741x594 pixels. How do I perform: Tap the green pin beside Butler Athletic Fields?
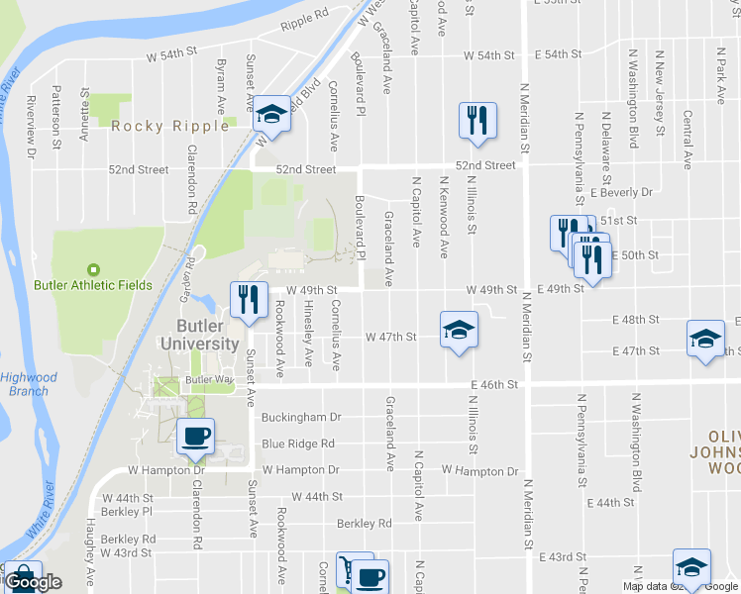[x=94, y=269]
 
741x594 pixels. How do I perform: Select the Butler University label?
[x=208, y=335]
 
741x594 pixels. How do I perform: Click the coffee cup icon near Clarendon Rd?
[x=194, y=436]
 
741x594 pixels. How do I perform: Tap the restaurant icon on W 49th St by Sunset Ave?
[x=249, y=299]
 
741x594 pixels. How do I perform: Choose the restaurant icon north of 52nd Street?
[x=477, y=120]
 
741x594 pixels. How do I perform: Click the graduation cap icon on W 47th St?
[x=459, y=329]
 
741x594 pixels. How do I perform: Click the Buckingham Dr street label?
[x=301, y=417]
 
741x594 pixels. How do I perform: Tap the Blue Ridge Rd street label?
[x=298, y=444]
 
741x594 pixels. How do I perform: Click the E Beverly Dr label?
[x=621, y=192]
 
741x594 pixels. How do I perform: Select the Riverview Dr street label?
[x=31, y=127]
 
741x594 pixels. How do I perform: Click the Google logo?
[x=34, y=582]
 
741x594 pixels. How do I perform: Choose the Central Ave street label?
[x=687, y=139]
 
